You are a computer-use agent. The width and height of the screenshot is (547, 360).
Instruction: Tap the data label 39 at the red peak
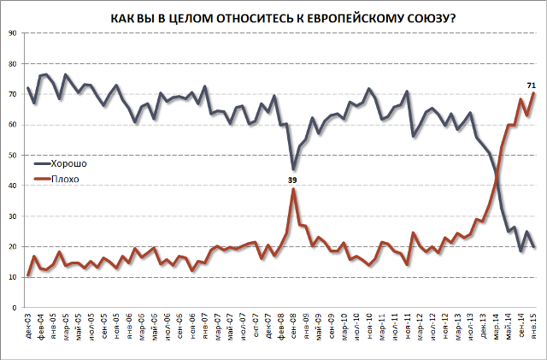point(292,180)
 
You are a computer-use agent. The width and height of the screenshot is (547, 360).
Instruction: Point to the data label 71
point(531,85)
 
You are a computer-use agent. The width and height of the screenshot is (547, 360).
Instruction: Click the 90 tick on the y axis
point(14,33)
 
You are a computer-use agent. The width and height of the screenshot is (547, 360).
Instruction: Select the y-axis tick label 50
point(14,156)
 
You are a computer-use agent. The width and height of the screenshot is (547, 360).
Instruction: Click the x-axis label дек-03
point(28,326)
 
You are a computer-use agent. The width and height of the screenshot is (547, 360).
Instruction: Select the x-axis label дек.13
point(483,326)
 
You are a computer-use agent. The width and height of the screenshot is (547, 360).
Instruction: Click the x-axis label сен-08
point(294,326)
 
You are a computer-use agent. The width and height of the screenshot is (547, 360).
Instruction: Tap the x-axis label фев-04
point(39,326)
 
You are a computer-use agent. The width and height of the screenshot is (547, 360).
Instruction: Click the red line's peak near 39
point(293,189)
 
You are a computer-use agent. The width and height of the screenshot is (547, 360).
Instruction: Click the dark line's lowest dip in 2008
point(293,170)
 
